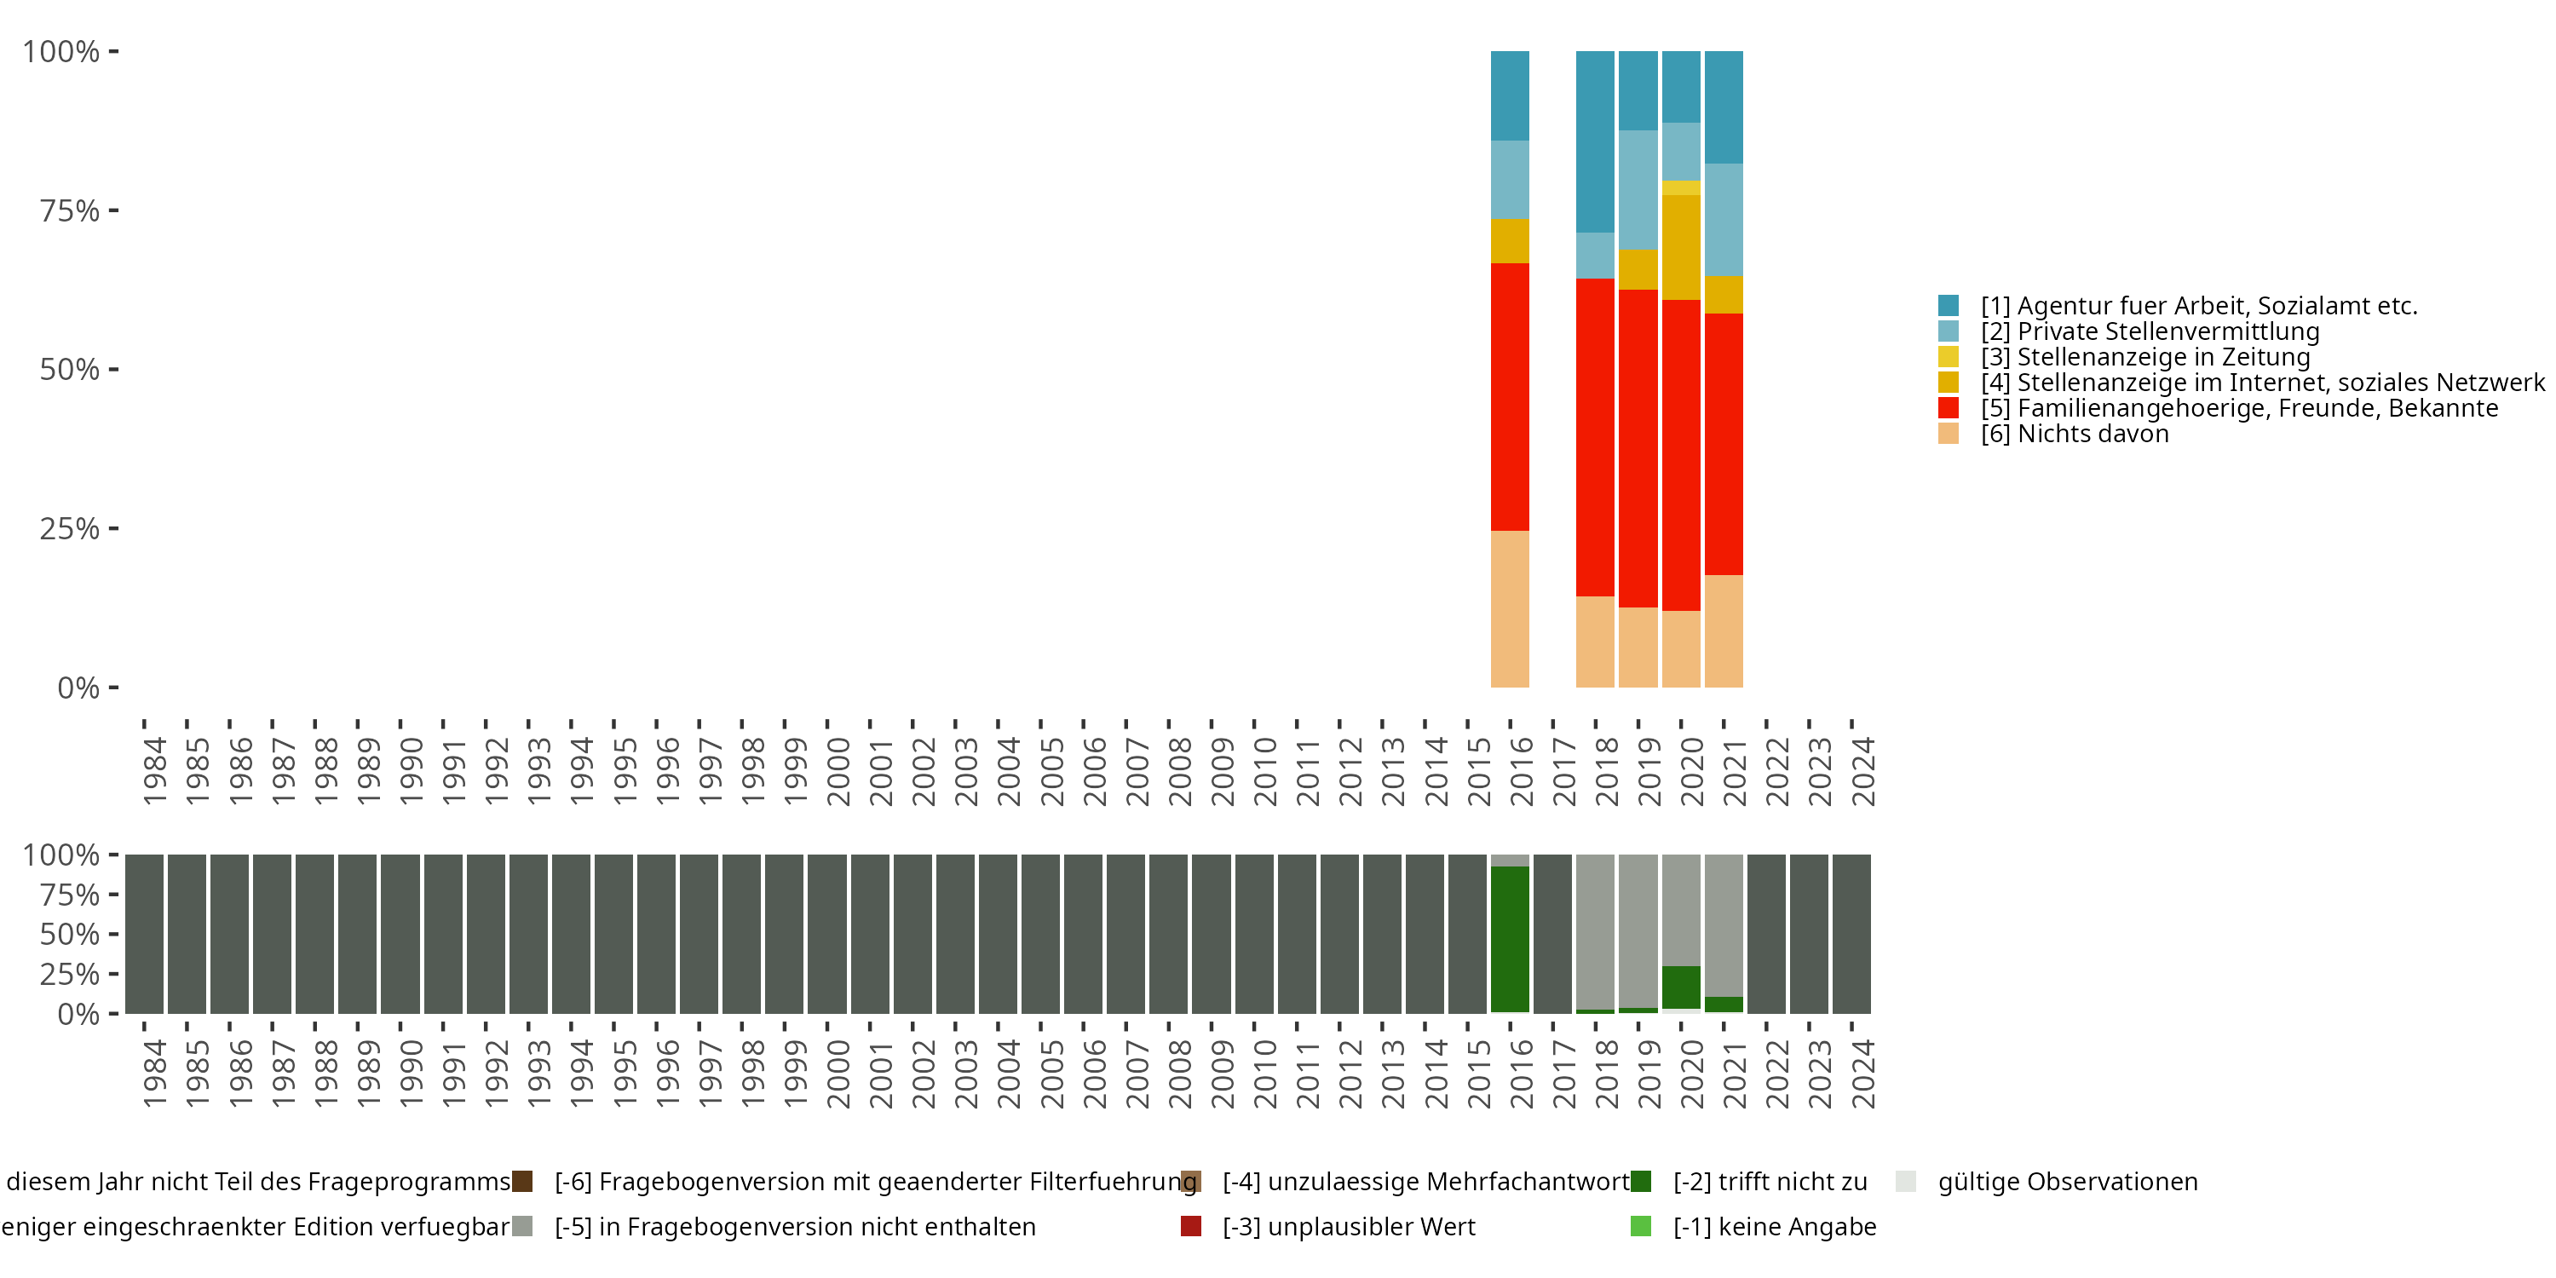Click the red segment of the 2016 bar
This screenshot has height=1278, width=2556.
click(1509, 397)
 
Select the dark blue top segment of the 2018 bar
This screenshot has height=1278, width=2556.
click(1595, 141)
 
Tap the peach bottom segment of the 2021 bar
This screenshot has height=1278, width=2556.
click(1724, 631)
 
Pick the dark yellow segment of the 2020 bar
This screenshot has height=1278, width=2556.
click(1681, 247)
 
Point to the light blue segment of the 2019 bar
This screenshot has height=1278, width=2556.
click(1638, 189)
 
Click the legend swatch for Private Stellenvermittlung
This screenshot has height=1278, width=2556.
click(1948, 331)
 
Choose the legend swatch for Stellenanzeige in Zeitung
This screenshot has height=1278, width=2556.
click(1948, 357)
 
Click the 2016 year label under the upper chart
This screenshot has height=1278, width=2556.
click(1521, 771)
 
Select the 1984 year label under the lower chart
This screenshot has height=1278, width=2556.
click(154, 1074)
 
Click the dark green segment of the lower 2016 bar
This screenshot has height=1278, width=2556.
click(1509, 939)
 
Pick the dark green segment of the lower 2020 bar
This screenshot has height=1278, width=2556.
click(1681, 987)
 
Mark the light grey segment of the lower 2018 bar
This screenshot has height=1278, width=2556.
click(1595, 930)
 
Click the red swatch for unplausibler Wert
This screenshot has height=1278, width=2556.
click(1191, 1226)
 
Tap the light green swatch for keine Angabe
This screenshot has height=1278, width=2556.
click(1640, 1226)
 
